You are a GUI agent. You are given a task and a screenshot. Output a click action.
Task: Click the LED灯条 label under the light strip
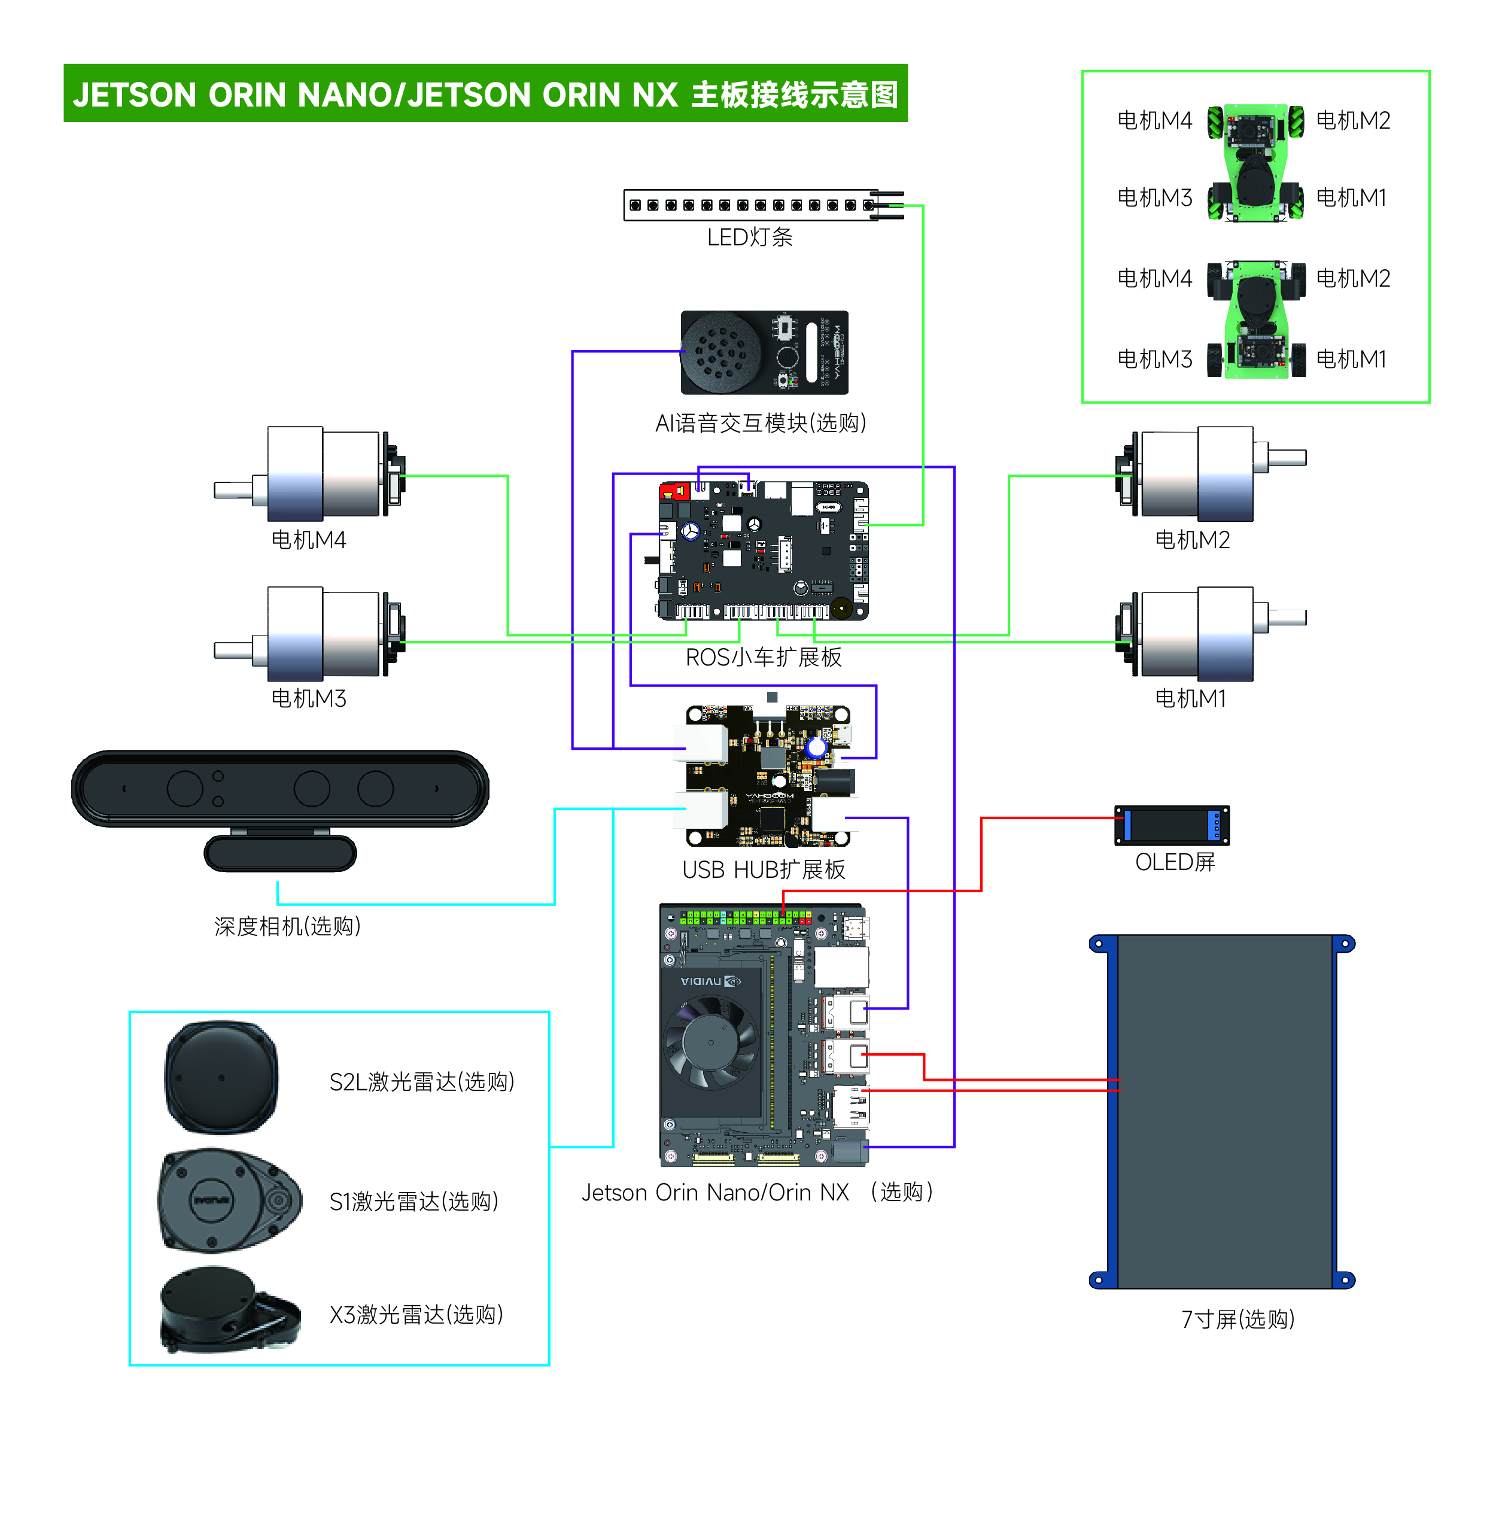point(749,238)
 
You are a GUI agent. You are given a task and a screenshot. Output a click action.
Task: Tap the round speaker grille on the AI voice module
point(721,352)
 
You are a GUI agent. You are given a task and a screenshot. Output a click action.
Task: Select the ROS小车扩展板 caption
point(764,658)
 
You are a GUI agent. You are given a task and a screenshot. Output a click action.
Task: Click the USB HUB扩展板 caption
point(764,870)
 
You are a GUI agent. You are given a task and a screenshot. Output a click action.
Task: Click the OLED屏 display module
point(1172,825)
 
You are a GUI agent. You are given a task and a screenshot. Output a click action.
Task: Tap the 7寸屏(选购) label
point(1237,1320)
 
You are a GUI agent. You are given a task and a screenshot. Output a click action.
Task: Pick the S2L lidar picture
point(221,1077)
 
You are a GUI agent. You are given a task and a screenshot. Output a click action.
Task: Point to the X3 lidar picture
point(230,1309)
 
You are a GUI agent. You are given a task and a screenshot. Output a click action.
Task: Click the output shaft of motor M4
point(234,490)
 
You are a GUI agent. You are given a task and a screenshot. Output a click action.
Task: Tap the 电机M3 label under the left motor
point(308,698)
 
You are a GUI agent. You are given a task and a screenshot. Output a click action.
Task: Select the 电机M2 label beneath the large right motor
point(1192,540)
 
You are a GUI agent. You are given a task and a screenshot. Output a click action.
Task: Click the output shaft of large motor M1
point(1287,617)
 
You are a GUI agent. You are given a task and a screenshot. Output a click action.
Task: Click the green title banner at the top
point(485,93)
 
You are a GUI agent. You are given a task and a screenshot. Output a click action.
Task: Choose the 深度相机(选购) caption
point(288,926)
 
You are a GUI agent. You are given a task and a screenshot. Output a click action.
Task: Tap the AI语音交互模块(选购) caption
point(760,423)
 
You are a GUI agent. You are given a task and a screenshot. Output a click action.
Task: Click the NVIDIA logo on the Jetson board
point(710,981)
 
